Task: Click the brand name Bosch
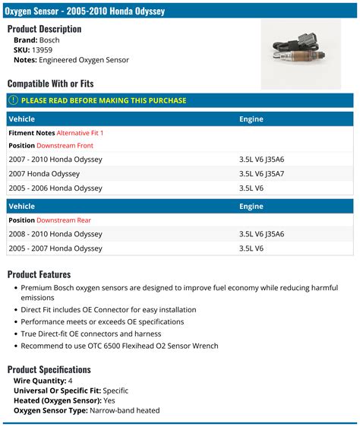tap(50, 39)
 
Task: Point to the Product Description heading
tap(44, 28)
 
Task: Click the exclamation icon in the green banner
tap(13, 100)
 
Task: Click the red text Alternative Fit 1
tap(80, 133)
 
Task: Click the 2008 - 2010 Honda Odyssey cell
tap(55, 234)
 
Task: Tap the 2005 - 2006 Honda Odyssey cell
tap(55, 188)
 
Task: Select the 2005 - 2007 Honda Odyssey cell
tap(55, 248)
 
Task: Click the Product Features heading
tap(39, 274)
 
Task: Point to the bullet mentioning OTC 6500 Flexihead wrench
tap(119, 346)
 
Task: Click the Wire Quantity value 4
tap(71, 380)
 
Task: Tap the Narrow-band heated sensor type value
tap(125, 410)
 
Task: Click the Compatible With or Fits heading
tap(50, 83)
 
